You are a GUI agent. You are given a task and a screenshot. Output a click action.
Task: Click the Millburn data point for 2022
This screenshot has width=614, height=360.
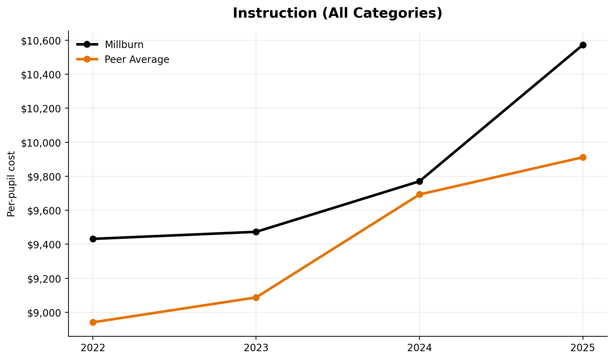(x=93, y=239)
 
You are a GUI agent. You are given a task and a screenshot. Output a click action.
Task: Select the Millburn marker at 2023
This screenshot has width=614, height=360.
(x=256, y=232)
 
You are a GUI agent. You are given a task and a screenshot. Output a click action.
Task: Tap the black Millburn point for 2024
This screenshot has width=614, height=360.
(x=419, y=181)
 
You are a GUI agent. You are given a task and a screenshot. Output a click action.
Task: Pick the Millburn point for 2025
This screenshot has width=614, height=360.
(x=583, y=45)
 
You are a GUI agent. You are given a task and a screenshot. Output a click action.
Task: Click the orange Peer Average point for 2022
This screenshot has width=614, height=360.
(x=93, y=322)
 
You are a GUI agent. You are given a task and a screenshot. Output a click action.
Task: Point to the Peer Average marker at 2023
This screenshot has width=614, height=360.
(x=256, y=297)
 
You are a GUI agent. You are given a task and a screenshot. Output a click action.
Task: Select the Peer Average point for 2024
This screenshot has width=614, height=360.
(x=419, y=194)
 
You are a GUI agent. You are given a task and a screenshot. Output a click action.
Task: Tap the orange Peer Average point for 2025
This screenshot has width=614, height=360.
(x=583, y=157)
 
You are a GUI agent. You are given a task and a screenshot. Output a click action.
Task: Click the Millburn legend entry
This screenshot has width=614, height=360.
(x=124, y=45)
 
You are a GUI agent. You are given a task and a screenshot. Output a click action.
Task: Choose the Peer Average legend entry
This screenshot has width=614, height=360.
(x=137, y=60)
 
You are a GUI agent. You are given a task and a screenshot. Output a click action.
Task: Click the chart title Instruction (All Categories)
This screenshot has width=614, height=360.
(x=337, y=13)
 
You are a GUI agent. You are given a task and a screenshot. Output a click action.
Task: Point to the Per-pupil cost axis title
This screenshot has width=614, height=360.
(x=11, y=184)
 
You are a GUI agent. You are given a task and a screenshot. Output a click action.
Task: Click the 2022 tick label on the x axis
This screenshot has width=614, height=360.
(x=93, y=348)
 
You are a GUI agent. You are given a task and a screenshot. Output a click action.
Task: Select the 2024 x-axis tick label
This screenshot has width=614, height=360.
(x=419, y=348)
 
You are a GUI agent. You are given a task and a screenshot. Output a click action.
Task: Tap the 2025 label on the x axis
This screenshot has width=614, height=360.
(x=583, y=348)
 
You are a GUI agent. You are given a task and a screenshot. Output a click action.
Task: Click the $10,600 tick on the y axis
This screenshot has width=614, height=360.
(x=41, y=41)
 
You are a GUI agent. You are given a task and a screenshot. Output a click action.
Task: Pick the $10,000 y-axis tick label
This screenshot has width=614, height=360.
(x=41, y=143)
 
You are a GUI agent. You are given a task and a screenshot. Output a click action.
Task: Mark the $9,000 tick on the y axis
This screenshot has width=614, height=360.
(x=44, y=313)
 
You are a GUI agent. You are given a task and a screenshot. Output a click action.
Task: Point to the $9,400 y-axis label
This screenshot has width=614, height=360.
(x=44, y=244)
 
